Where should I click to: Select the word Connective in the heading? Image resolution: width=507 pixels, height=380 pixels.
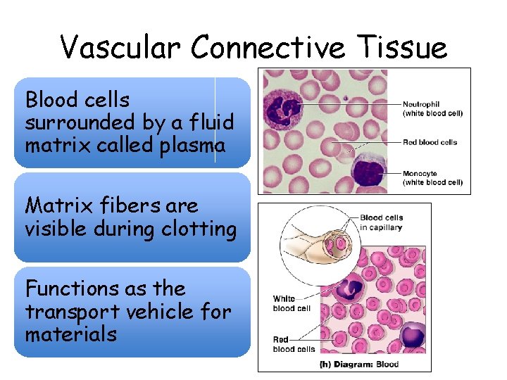[x=268, y=48]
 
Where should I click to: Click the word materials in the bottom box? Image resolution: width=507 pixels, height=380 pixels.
[x=70, y=334]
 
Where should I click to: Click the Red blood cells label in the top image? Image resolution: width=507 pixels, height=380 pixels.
[x=430, y=142]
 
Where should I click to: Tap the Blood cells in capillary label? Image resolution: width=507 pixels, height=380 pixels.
[x=381, y=222]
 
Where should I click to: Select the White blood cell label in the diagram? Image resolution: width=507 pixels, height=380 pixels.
[x=292, y=303]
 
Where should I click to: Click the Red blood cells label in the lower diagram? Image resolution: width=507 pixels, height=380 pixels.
[x=294, y=344]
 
